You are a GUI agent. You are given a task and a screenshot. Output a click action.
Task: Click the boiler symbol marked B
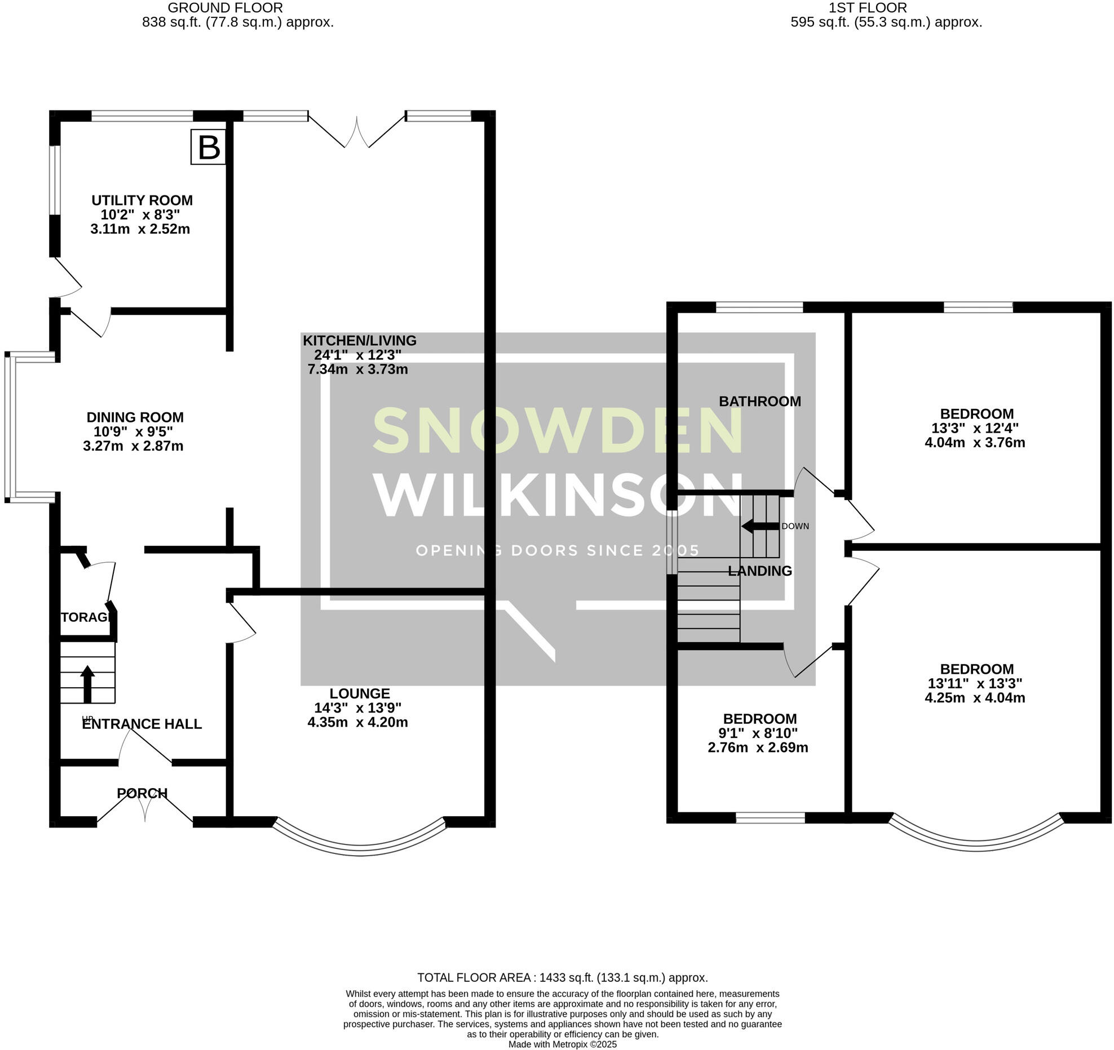(208, 147)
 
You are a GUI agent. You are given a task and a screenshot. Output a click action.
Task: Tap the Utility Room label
(142, 201)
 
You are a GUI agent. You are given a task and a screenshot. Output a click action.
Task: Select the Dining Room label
(135, 417)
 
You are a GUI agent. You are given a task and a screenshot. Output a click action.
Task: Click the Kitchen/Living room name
(360, 341)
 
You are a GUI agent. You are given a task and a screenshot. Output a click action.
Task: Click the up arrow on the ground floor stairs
(87, 684)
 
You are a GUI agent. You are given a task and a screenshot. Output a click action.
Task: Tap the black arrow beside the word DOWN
(759, 526)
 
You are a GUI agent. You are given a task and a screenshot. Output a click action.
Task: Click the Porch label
(142, 793)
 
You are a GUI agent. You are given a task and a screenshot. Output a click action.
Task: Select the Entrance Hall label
(142, 724)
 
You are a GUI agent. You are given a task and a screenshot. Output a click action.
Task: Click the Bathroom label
(759, 402)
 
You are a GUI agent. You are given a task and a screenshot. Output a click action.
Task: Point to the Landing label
(759, 571)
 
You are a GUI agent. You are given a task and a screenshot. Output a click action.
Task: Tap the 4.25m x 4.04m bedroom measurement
(975, 698)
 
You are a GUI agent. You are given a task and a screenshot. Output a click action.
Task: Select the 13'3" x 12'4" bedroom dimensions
(975, 428)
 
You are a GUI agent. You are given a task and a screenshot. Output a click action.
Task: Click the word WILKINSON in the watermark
(558, 495)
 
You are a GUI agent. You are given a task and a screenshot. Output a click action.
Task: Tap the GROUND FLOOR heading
(225, 8)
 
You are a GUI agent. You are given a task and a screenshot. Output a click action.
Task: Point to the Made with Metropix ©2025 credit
(562, 1044)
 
